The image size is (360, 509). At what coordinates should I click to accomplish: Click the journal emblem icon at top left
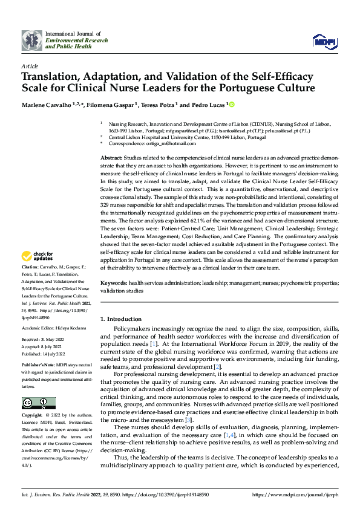[31, 41]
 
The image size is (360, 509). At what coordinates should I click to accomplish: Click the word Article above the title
[30, 65]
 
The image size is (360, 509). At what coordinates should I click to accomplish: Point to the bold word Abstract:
[113, 157]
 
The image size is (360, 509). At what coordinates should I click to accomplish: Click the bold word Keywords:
[114, 282]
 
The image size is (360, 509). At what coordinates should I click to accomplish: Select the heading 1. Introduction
[120, 319]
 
